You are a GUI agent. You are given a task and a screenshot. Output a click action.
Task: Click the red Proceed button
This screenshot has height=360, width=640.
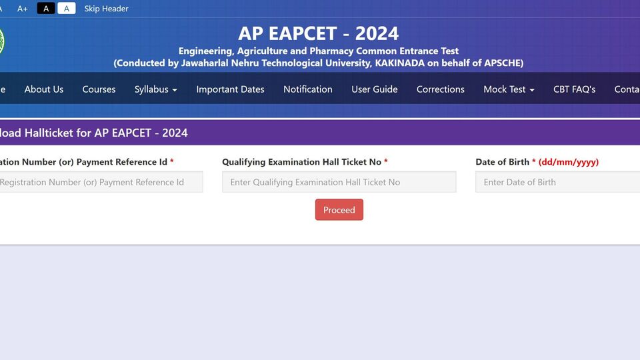[x=339, y=210]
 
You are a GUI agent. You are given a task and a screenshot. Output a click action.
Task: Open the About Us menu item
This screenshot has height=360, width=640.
[x=44, y=89]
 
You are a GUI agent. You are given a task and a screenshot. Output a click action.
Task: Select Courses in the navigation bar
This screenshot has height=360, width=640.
[x=99, y=89]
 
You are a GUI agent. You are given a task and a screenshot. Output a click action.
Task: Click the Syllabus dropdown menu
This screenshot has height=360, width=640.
[x=155, y=89]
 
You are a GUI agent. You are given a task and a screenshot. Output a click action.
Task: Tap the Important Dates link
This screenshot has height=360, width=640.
[x=230, y=89]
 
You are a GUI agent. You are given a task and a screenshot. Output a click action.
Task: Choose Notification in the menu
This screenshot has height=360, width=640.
[x=308, y=89]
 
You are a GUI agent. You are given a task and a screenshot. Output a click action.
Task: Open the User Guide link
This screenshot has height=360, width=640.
[x=374, y=89]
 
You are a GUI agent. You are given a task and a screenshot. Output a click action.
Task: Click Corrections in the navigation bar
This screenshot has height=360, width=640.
[x=441, y=89]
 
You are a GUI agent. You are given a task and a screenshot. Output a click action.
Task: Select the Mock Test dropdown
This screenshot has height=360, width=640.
[x=509, y=89]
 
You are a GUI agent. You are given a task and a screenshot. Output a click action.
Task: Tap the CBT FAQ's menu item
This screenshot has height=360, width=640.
[x=574, y=89]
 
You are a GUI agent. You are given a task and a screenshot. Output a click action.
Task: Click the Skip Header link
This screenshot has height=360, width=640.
[x=106, y=9]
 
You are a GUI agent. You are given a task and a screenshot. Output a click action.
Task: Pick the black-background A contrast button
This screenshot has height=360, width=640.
[x=46, y=8]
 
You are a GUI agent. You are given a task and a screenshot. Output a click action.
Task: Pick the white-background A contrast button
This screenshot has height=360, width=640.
[x=67, y=8]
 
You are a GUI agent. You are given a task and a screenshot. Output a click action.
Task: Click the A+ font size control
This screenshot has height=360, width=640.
[x=23, y=9]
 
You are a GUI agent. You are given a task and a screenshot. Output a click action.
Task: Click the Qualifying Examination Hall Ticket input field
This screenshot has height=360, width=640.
[x=339, y=182]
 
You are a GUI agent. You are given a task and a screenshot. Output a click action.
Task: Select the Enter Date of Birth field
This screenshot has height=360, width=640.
[x=557, y=182]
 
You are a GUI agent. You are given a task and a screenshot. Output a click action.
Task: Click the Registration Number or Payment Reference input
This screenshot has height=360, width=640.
[x=101, y=182]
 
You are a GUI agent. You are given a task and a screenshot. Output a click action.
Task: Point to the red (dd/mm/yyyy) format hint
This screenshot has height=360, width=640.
[x=569, y=162]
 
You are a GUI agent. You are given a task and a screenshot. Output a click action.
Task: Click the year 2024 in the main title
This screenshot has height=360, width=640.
[x=377, y=33]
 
